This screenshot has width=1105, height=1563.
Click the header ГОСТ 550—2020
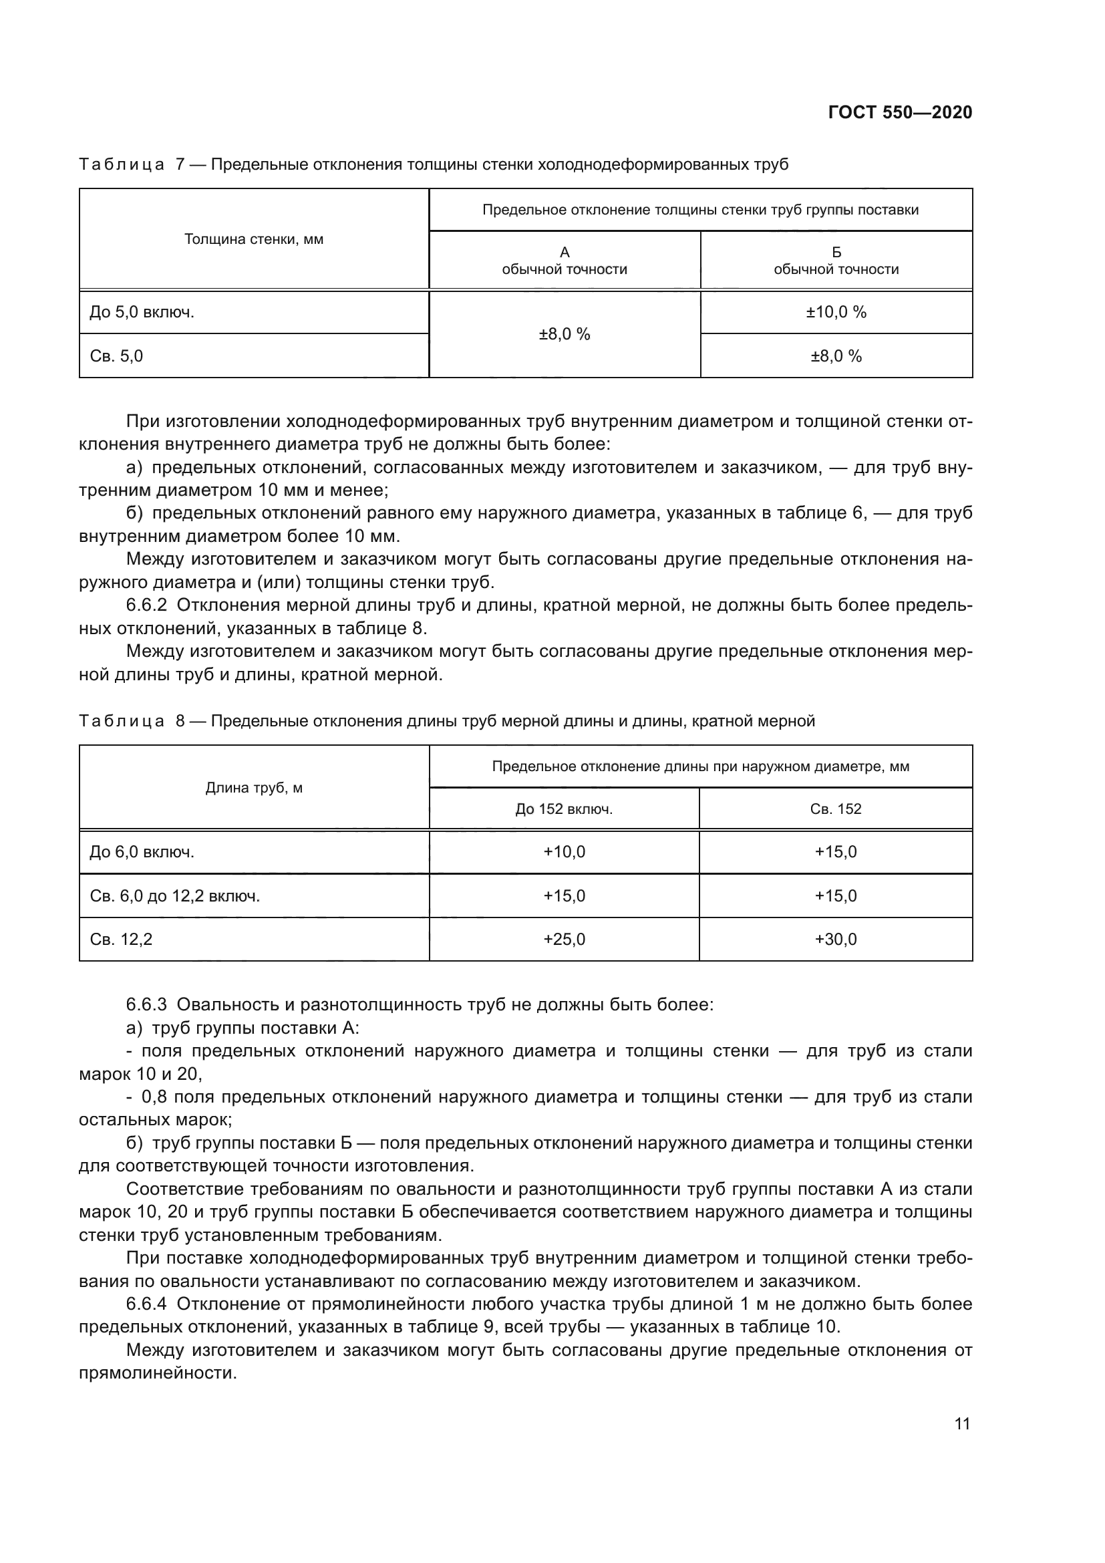pos(899,112)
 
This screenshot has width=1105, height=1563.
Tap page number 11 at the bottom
pos(962,1424)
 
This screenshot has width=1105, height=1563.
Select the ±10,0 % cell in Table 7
pos(836,313)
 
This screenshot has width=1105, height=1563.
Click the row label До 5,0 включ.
pos(142,313)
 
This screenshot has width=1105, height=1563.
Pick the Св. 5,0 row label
pos(116,356)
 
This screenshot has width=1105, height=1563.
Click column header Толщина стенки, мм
pos(254,239)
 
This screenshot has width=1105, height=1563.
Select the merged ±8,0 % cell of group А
pos(564,334)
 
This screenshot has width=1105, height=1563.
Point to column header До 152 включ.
pos(564,809)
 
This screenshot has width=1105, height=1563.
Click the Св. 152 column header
pos(836,809)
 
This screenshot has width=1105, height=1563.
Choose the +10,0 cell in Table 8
pos(564,851)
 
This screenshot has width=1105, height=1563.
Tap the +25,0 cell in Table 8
pos(564,940)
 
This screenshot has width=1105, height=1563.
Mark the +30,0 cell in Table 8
pos(836,940)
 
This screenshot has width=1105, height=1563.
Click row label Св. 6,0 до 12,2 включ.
pos(175,896)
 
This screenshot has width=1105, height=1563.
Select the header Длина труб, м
pos(254,788)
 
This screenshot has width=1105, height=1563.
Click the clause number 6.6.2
pos(146,605)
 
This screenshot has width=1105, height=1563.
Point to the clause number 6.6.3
pos(146,1005)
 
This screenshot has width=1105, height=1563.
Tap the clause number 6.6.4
pos(146,1304)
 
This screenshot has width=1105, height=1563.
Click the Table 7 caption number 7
pos(180,165)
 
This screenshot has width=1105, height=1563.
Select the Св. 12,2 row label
pos(121,940)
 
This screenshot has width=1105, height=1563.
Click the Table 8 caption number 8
pos(180,721)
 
